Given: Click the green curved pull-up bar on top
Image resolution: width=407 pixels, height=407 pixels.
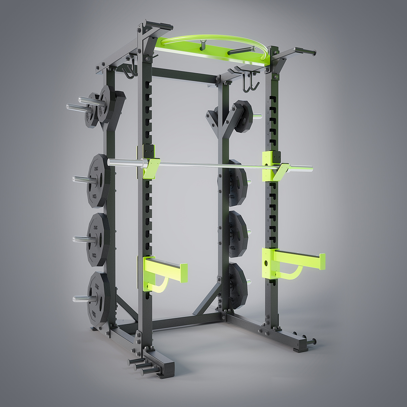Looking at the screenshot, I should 217,38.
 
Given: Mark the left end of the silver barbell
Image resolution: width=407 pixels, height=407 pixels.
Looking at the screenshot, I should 112,162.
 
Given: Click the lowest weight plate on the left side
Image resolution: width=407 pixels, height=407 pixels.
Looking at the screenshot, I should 98,299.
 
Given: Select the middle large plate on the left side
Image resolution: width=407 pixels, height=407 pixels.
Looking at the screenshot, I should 98,239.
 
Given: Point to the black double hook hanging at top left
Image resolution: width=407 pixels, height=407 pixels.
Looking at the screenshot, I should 131,70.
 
